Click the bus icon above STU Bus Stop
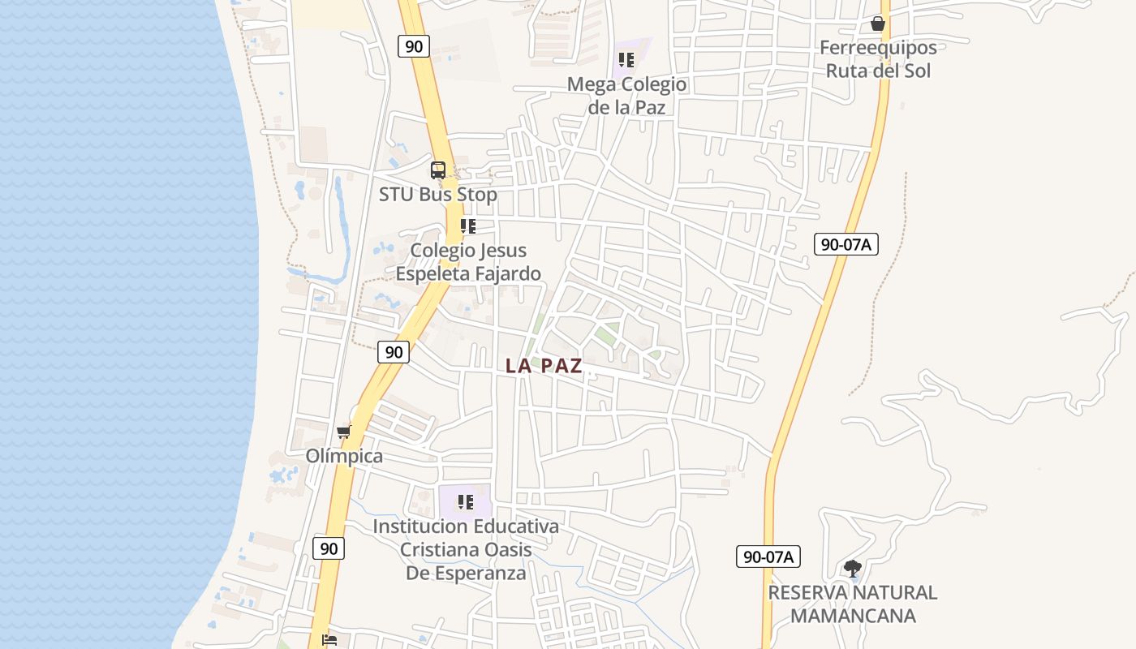tap(438, 170)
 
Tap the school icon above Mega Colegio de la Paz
tap(626, 60)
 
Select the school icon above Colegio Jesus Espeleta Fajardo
tap(467, 226)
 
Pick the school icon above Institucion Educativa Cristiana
tap(465, 502)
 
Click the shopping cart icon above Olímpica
tap(344, 432)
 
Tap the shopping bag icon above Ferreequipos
tap(877, 24)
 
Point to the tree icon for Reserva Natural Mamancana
tap(852, 568)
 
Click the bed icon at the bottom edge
tap(329, 640)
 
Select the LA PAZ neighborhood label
tap(544, 366)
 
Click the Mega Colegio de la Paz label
tap(626, 96)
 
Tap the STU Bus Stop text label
tap(438, 195)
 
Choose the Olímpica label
tap(344, 456)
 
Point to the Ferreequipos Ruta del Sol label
tap(878, 59)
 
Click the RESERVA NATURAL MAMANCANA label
tap(853, 604)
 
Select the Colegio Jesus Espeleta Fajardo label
tap(468, 262)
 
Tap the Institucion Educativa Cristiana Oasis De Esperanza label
tap(466, 549)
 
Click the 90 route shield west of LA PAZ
tap(394, 352)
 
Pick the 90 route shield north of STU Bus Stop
tap(414, 46)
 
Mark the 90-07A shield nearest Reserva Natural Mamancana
tap(768, 557)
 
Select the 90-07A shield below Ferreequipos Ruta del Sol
tap(846, 244)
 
